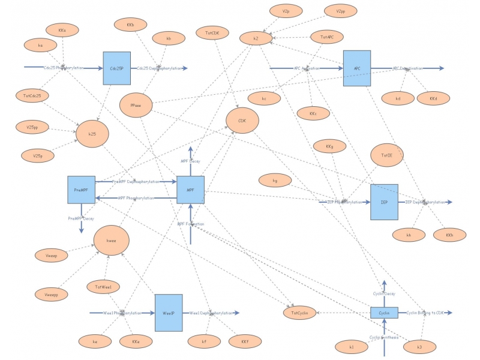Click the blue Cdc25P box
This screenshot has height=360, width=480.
[116, 68]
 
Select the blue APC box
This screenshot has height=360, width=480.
[357, 68]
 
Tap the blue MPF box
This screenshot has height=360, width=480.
[190, 190]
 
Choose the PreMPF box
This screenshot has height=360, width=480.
[81, 190]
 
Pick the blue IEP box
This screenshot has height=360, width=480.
[384, 202]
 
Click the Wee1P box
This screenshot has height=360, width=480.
[169, 313]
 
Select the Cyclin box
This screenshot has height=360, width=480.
[384, 313]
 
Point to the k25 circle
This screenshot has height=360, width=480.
[92, 134]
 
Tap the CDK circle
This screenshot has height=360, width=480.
[242, 121]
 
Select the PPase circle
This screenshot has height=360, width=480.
[136, 106]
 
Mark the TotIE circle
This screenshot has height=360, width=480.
[387, 155]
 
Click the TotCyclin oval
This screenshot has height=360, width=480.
[299, 313]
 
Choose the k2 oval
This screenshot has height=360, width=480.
[256, 38]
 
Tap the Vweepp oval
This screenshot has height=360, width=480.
[52, 294]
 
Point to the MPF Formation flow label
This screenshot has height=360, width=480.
[190, 224]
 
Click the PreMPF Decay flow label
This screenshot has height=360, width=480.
[81, 218]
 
